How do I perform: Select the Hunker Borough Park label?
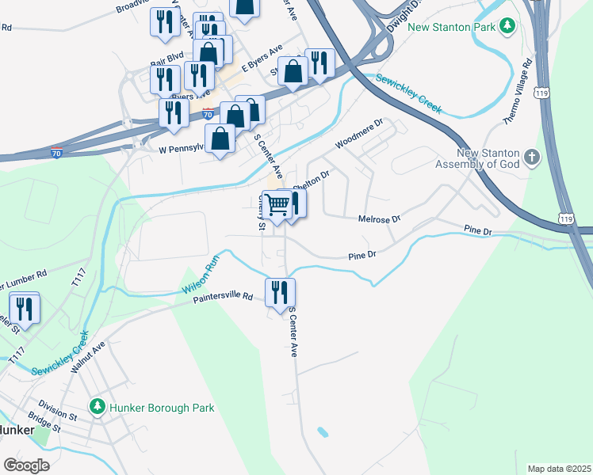point(162,408)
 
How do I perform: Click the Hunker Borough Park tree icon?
point(97,408)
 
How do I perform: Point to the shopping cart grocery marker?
point(277,205)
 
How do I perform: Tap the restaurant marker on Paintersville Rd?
point(280,293)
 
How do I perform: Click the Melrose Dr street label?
point(380,218)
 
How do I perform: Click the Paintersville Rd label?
point(223,298)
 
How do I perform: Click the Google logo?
point(26,465)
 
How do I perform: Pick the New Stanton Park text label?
point(452,27)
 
